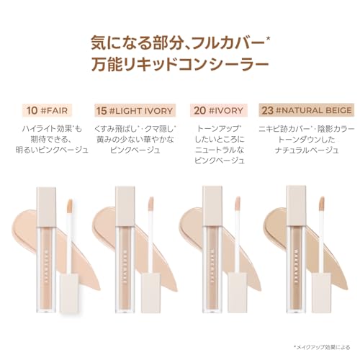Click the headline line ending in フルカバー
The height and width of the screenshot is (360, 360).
180,41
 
